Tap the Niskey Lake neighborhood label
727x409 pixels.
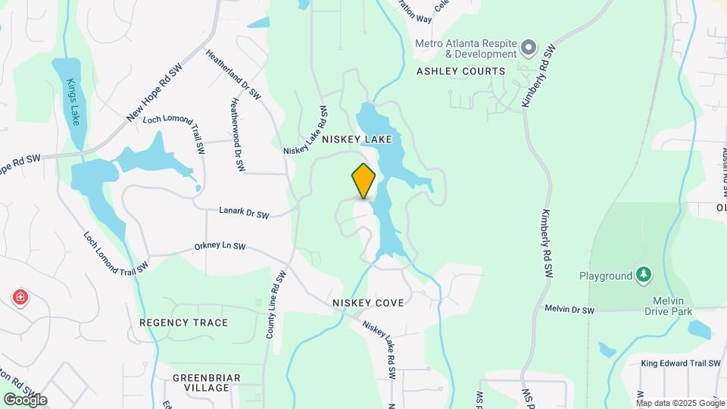pyautogui.click(x=357, y=139)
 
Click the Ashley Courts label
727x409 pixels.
pyautogui.click(x=460, y=71)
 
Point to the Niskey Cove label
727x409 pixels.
pyautogui.click(x=368, y=303)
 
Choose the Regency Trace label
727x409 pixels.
pyautogui.click(x=183, y=323)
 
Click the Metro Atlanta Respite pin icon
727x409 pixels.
pyautogui.click(x=529, y=48)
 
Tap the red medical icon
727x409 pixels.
pyautogui.click(x=20, y=298)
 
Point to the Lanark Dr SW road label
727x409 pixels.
pyautogui.click(x=244, y=214)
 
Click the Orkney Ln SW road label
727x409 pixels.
pyautogui.click(x=220, y=247)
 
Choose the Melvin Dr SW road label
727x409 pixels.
pyautogui.click(x=569, y=310)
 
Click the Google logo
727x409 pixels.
pyautogui.click(x=25, y=399)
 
